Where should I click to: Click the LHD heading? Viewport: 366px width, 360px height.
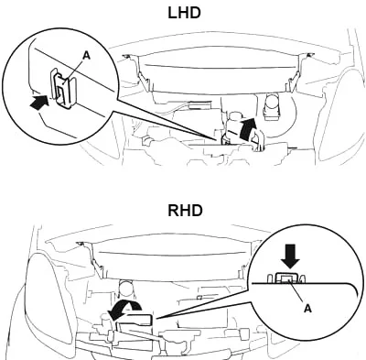184,13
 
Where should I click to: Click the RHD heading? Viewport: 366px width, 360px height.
185,211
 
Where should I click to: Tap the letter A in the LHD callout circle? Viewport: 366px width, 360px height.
87,55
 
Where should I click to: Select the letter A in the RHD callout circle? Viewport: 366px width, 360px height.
308,309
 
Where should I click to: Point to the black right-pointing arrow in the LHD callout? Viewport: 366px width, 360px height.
39,102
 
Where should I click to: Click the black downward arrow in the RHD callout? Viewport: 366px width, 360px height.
290,258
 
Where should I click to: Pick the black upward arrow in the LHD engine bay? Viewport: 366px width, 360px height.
247,129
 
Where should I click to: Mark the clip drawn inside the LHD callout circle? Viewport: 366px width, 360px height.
62,86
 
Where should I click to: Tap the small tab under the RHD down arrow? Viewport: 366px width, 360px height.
286,278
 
